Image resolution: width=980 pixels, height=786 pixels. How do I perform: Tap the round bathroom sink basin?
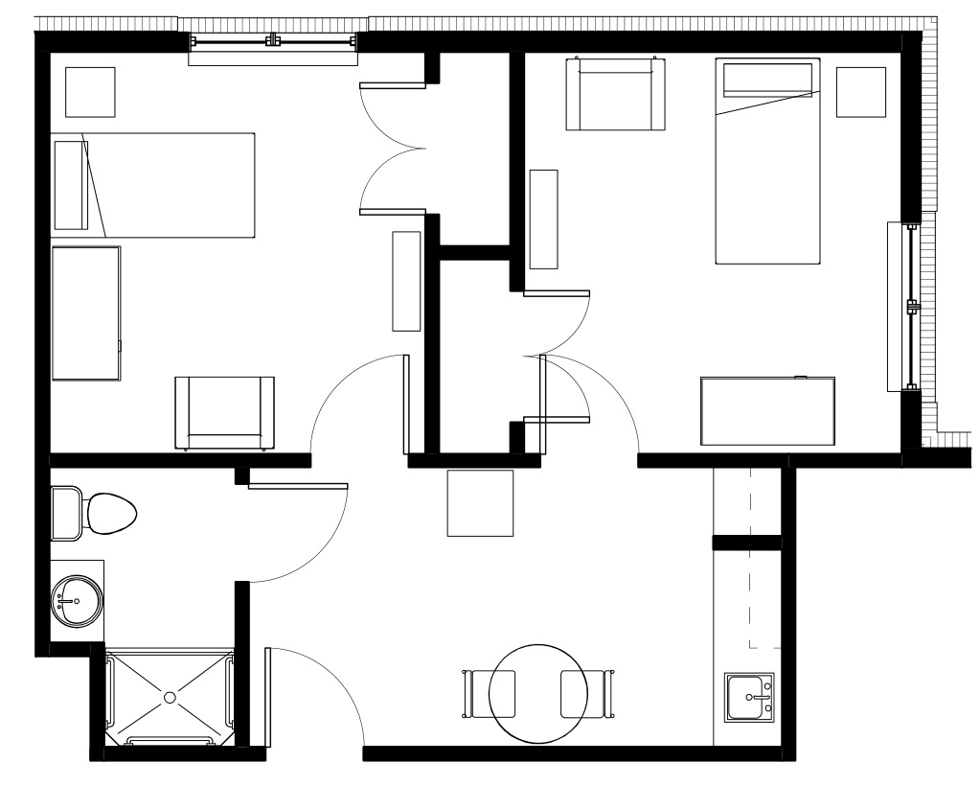pos(77,600)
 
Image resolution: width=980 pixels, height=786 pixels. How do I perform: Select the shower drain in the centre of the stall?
pos(170,695)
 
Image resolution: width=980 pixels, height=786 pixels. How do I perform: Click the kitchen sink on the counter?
pos(749,697)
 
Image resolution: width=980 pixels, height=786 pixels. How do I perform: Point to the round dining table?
pos(537,693)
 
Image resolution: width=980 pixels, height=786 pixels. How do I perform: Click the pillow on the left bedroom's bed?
pos(71,185)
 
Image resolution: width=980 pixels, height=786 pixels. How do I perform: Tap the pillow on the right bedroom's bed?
pos(766,80)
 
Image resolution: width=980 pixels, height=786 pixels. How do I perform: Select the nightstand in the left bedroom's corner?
pos(90,92)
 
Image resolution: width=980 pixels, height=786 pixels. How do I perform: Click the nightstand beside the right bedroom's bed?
pos(860,92)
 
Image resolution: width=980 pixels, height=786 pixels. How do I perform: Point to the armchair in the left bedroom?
pos(224,412)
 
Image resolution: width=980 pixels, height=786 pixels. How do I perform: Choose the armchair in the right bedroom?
pos(615,94)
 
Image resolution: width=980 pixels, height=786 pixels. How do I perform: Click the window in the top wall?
pos(274,42)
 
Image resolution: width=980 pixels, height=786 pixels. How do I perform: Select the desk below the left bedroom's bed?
pos(86,313)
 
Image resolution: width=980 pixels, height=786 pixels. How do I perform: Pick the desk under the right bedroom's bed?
pos(767,411)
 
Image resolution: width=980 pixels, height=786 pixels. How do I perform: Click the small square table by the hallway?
pos(480,502)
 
